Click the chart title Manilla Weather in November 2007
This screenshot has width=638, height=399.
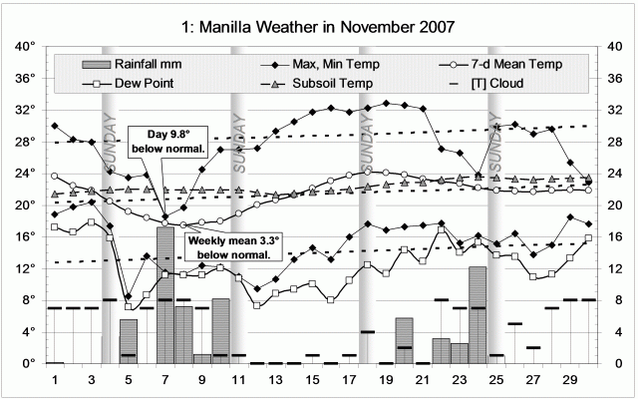[318, 23]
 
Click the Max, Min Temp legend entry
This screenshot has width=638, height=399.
[313, 64]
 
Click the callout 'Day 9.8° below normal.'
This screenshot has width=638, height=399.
[169, 142]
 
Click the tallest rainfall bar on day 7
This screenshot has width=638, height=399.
[165, 295]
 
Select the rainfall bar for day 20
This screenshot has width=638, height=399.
[404, 340]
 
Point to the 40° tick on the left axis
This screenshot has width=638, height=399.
[27, 46]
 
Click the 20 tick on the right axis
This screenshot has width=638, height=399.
[614, 204]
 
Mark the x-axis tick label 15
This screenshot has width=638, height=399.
[312, 381]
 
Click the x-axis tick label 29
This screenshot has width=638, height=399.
[569, 381]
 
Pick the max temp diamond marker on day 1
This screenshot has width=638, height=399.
[55, 126]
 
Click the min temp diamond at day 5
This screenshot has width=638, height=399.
[129, 296]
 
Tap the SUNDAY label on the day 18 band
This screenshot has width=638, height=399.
[366, 149]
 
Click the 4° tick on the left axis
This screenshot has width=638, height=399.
[29, 331]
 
